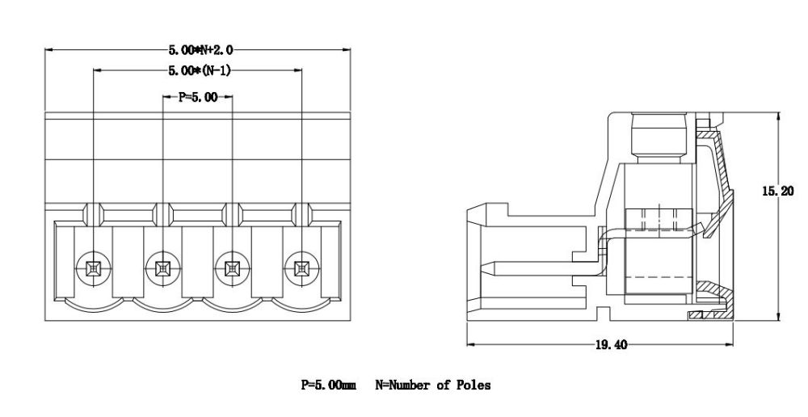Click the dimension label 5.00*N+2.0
pyautogui.click(x=200, y=50)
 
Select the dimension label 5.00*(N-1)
pyautogui.click(x=200, y=71)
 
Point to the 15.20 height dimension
pyautogui.click(x=777, y=192)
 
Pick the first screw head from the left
pyautogui.click(x=94, y=267)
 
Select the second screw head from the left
pyautogui.click(x=163, y=267)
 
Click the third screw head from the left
pyautogui.click(x=233, y=267)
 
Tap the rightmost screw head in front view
pyautogui.click(x=302, y=267)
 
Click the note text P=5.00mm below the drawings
pyautogui.click(x=328, y=385)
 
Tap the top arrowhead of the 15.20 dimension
pyautogui.click(x=777, y=116)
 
